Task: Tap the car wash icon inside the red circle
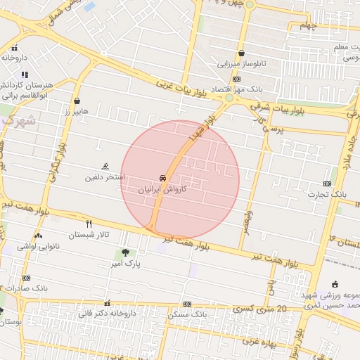(162, 178)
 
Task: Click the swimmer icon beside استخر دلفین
(105, 167)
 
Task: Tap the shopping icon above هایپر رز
(76, 101)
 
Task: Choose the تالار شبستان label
(89, 235)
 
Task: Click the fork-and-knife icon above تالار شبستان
(89, 224)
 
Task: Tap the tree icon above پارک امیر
(125, 252)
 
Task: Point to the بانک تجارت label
(328, 193)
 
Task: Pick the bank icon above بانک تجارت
(327, 183)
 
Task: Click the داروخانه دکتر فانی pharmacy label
(111, 313)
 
